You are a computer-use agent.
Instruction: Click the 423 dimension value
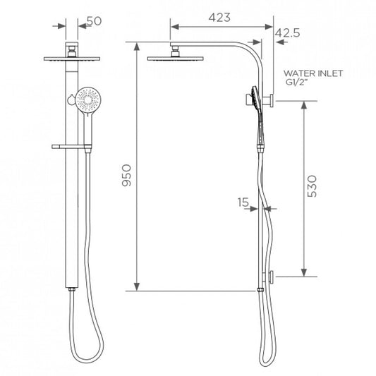click(x=219, y=18)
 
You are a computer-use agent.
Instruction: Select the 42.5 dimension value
click(x=287, y=33)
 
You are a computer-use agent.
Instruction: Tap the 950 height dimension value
click(x=126, y=175)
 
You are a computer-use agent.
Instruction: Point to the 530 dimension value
click(x=312, y=186)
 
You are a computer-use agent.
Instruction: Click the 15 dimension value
click(x=243, y=202)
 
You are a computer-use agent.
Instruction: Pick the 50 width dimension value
click(x=95, y=21)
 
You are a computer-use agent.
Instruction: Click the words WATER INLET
click(x=313, y=73)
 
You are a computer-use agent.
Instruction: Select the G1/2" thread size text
click(x=296, y=82)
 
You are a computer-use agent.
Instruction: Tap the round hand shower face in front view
click(x=88, y=99)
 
